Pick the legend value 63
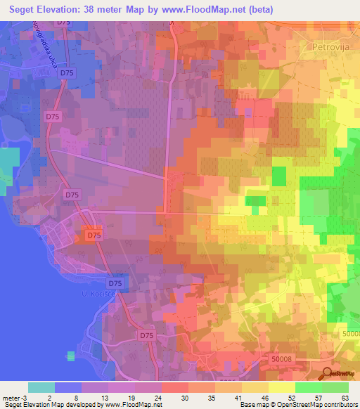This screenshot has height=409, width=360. (345, 396)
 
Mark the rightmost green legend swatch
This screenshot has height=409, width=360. (335, 387)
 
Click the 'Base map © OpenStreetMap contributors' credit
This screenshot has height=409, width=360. (296, 405)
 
